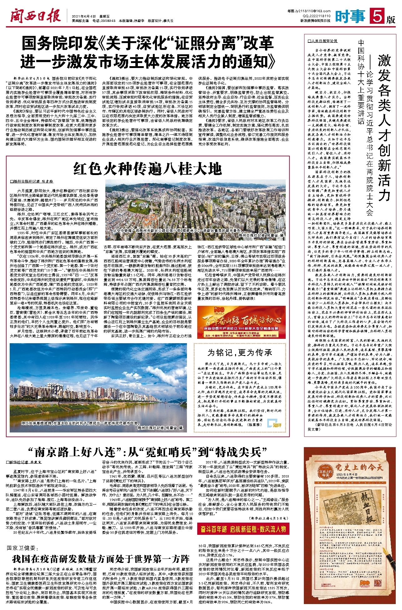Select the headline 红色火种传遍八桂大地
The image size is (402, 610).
pos(148,169)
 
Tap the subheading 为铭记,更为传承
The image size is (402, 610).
pos(240,353)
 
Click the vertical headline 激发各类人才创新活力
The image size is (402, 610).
pos(384,128)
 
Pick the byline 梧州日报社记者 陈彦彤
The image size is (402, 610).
pos(32,181)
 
